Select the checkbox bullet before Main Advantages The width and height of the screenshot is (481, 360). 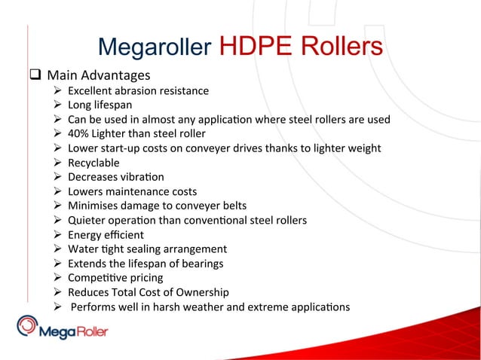click(35, 75)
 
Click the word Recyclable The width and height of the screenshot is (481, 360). click(93, 163)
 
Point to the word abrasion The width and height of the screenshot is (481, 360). click(140, 91)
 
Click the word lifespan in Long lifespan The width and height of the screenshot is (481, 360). click(112, 105)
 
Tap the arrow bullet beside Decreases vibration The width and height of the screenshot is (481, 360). click(57, 177)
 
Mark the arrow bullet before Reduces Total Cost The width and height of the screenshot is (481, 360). click(57, 291)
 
